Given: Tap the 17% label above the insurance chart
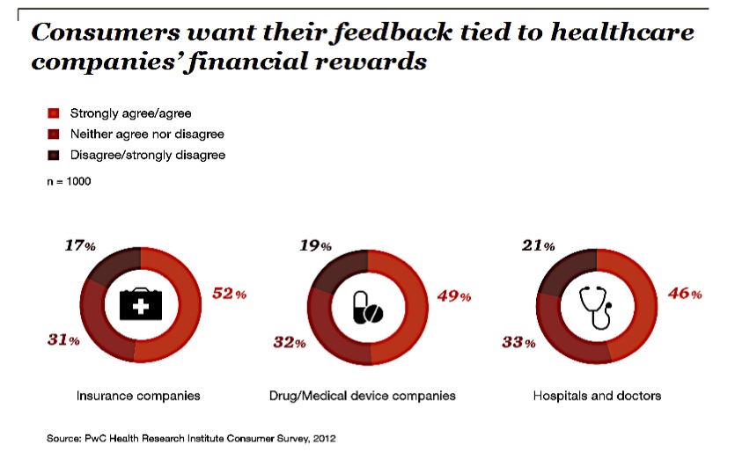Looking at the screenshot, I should pyautogui.click(x=80, y=246).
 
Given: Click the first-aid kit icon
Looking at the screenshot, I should pyautogui.click(x=140, y=305).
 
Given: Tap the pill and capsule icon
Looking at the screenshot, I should pyautogui.click(x=367, y=307).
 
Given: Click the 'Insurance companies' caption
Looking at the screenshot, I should pyautogui.click(x=137, y=396).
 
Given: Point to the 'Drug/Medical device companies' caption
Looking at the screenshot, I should pyautogui.click(x=362, y=396).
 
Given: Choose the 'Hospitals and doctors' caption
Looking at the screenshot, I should pyautogui.click(x=597, y=396).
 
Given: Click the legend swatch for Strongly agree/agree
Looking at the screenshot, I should pyautogui.click(x=52, y=113).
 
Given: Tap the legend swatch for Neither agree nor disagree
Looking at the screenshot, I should pyautogui.click(x=52, y=135).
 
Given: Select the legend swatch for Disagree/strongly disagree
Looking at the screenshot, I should pyautogui.click(x=52, y=156).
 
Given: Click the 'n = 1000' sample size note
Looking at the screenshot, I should pyautogui.click(x=69, y=182).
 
